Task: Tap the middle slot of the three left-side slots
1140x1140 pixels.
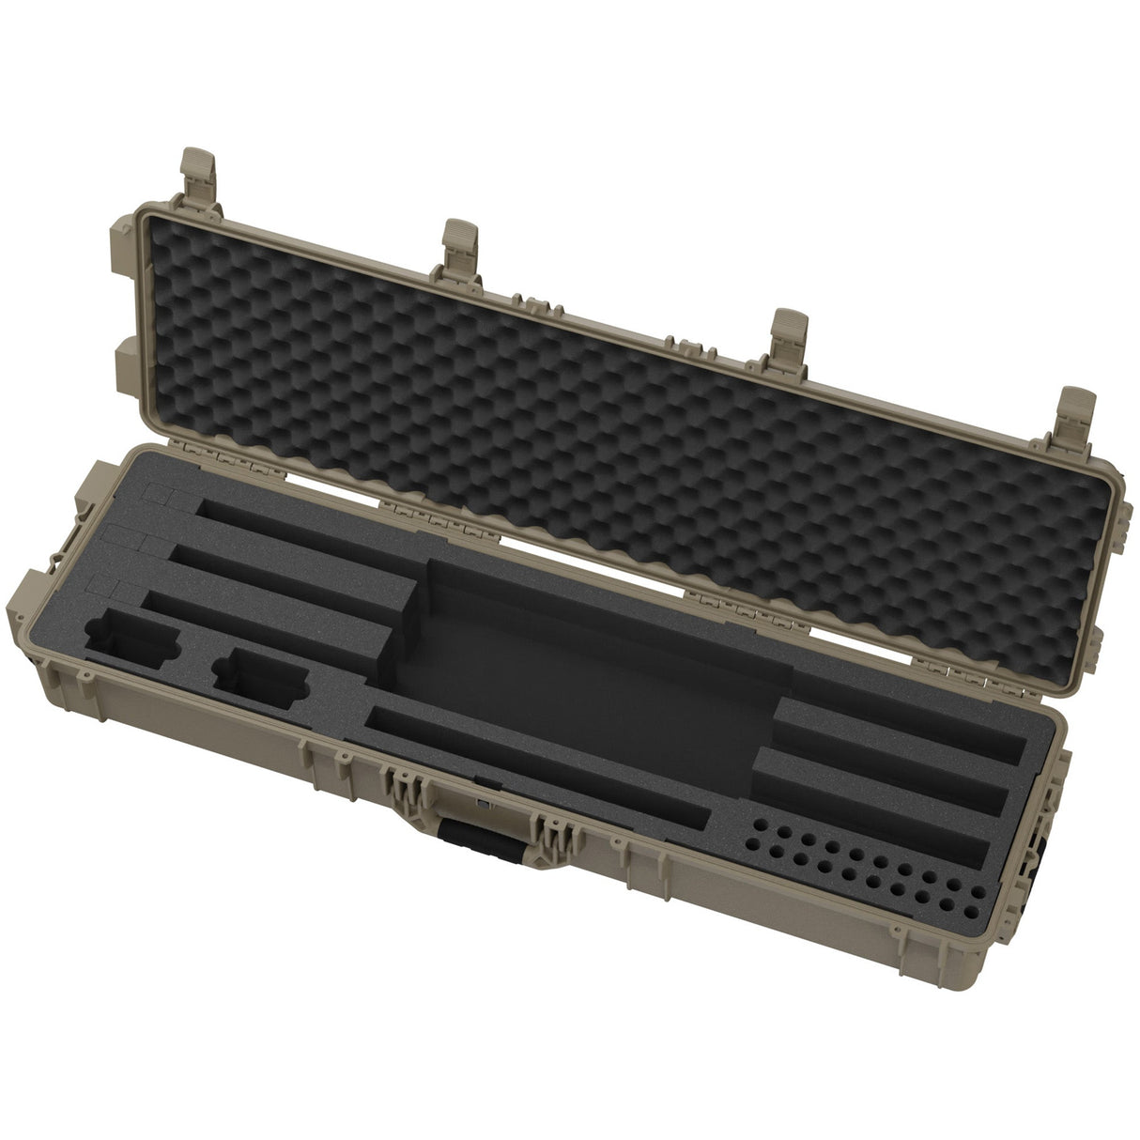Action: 291,579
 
